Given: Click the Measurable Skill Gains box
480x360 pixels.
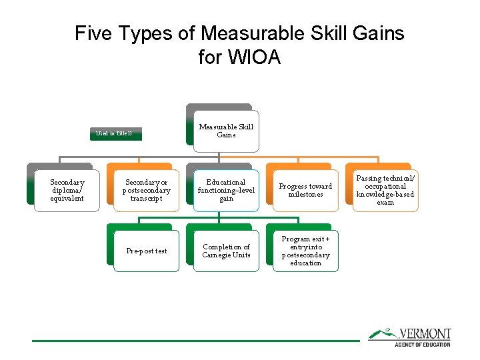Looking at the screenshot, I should (x=225, y=131).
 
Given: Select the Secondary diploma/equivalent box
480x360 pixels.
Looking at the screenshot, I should (x=67, y=190).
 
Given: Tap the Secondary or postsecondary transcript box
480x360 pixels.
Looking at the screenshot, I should (x=147, y=190).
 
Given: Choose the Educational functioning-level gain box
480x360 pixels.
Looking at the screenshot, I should (x=226, y=190).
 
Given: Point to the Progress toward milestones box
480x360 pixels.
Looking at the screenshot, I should (x=305, y=190).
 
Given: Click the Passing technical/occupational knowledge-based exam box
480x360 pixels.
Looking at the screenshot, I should (x=385, y=190).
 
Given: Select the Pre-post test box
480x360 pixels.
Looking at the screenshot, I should (x=147, y=251).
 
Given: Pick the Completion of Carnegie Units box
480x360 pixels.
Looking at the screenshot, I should (x=226, y=251).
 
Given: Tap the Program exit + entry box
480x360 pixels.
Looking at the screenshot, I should (x=305, y=251).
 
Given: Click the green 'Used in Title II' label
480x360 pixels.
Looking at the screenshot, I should (x=114, y=134).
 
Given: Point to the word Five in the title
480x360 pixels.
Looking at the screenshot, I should (x=93, y=33).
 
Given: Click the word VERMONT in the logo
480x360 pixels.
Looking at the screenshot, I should (x=425, y=334).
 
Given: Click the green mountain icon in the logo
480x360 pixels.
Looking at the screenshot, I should (x=382, y=333).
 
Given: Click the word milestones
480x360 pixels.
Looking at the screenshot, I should (x=305, y=195).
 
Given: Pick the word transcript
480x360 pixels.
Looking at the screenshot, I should (x=147, y=198).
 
